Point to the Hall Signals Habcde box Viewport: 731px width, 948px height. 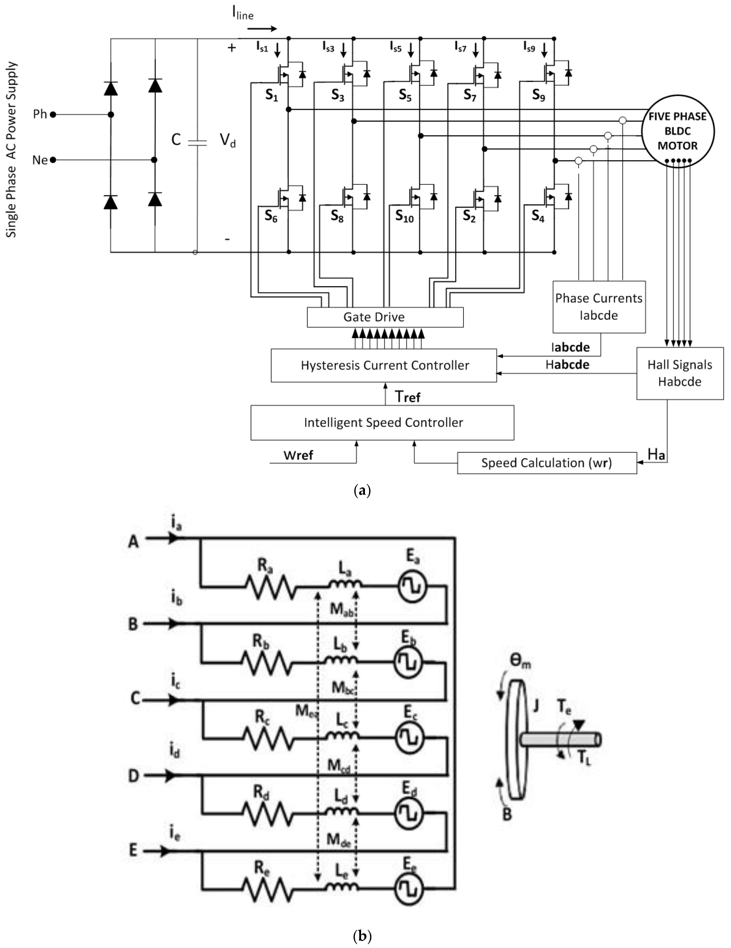pos(680,373)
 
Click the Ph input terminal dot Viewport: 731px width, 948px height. pos(53,115)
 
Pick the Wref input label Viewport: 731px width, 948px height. pos(298,455)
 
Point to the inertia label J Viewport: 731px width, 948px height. pos(536,706)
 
